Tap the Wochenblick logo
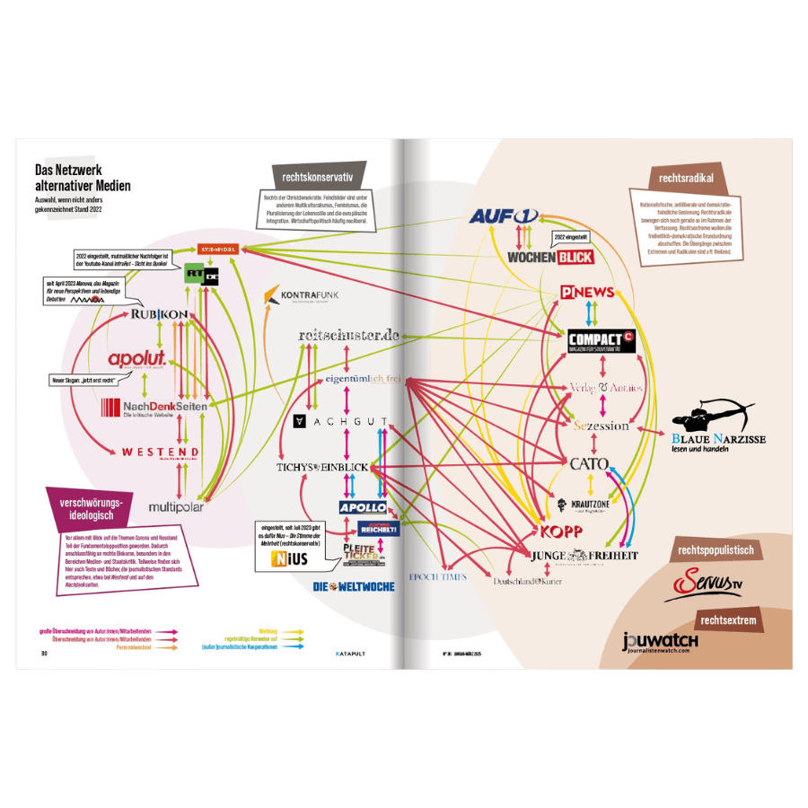[550, 257]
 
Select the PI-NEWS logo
[587, 292]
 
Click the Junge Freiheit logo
[584, 556]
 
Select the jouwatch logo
[660, 644]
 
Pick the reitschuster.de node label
[347, 335]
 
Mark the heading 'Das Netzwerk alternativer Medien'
[83, 178]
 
